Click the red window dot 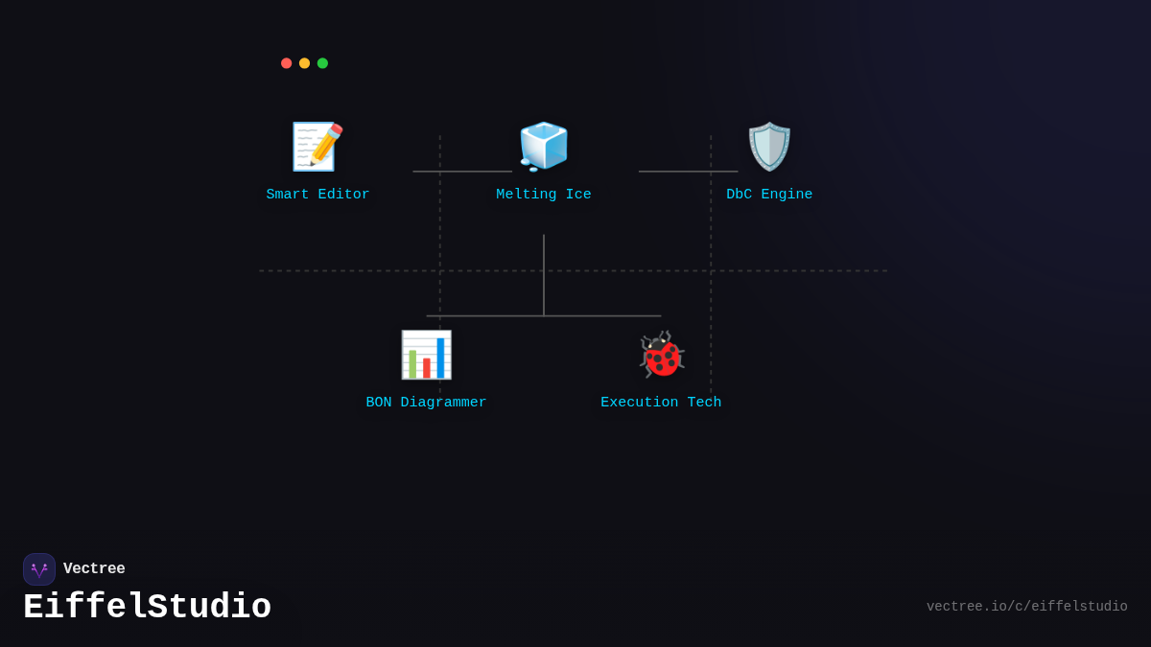[286, 63]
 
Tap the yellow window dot [304, 63]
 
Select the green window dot [322, 63]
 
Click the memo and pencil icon [317, 147]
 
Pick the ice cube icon [544, 147]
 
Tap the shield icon [769, 147]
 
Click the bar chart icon [426, 355]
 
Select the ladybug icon [661, 355]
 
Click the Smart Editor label [317, 195]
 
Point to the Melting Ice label [544, 195]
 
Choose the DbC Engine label [769, 195]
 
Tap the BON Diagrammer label [426, 403]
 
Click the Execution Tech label [661, 403]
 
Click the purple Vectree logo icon [39, 569]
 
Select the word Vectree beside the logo [94, 569]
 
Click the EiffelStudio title [147, 608]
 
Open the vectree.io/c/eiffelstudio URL [1026, 607]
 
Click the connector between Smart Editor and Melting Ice [462, 172]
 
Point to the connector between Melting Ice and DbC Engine [688, 172]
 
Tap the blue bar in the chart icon [440, 358]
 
